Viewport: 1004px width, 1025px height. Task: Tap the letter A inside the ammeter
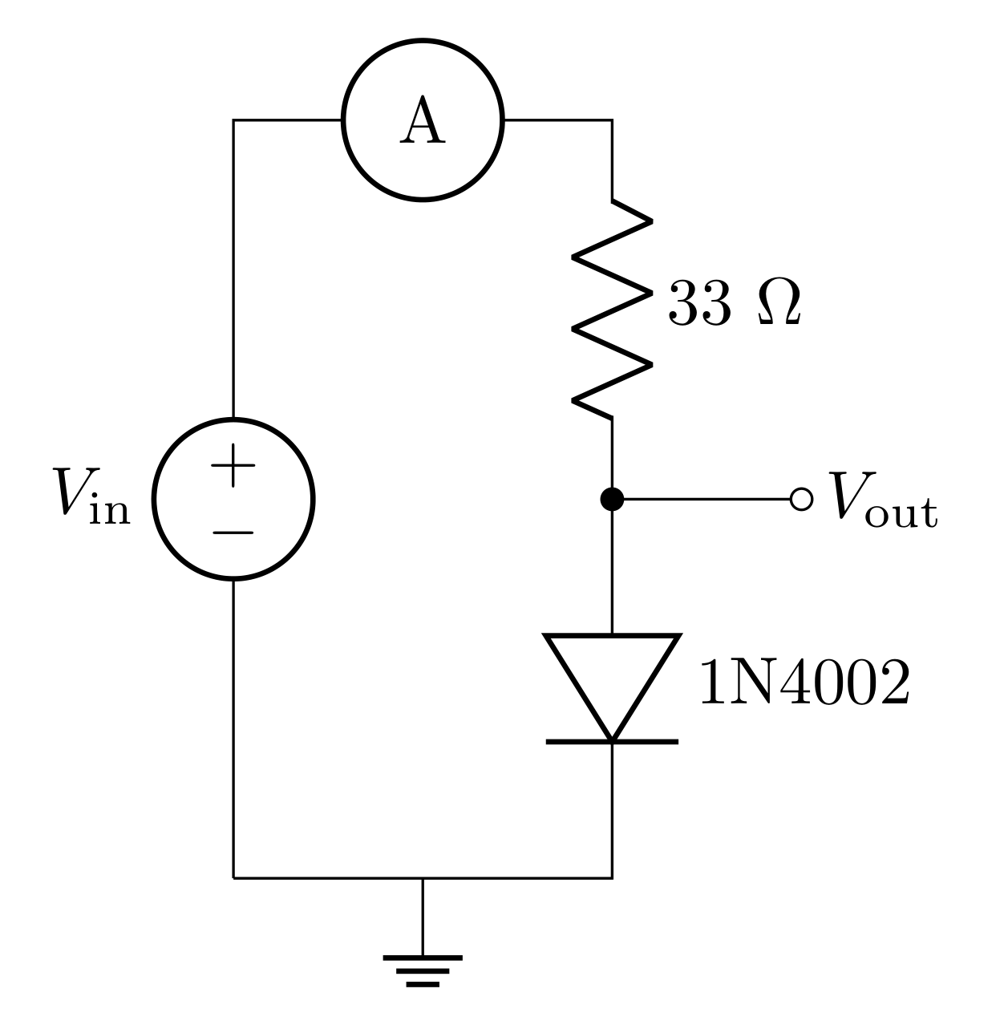tap(423, 122)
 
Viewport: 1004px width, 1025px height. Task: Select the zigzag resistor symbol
tap(612, 309)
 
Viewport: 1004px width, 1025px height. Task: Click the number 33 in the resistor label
tap(699, 306)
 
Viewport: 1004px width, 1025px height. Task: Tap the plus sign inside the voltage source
tap(233, 466)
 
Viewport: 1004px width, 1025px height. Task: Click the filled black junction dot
tap(612, 499)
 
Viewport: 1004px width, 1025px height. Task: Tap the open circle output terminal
tap(800, 499)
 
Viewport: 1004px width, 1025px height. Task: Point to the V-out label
tap(883, 499)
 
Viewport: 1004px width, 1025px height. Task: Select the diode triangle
tap(612, 678)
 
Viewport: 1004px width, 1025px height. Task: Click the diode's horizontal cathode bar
tap(612, 742)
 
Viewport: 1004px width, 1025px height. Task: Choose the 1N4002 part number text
tap(804, 684)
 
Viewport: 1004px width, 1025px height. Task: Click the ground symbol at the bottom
tap(423, 969)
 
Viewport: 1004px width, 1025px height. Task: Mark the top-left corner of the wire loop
tap(233, 120)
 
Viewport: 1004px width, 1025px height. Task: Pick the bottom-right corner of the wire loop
tap(612, 878)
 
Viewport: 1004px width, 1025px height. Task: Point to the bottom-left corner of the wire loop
tap(233, 878)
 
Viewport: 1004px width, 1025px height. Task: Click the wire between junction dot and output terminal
tap(706, 499)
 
